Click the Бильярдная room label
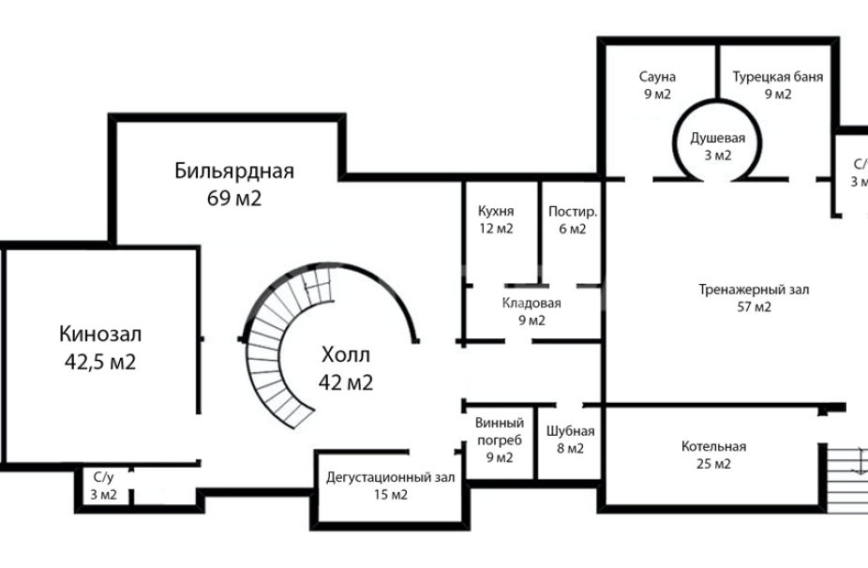point(234,171)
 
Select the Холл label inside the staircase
point(346,356)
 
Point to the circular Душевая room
point(717,145)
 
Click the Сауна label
point(657,77)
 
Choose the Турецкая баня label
point(777,77)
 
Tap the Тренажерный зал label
point(754,290)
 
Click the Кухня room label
point(495,210)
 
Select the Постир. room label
point(572,210)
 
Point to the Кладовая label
point(531,303)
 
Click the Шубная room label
point(570,431)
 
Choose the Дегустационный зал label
point(390,477)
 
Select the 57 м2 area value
point(754,307)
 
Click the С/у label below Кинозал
point(103,478)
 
